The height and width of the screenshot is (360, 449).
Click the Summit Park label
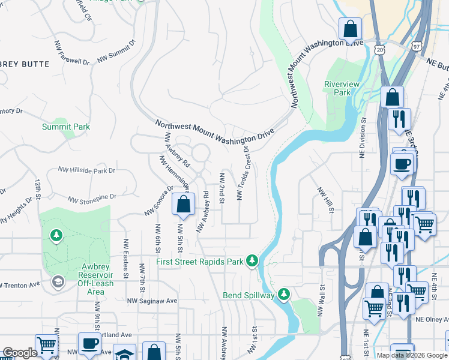(x=66, y=127)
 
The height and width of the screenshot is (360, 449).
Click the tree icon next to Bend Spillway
(x=283, y=295)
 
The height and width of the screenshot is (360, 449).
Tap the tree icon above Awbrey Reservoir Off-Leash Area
(x=57, y=235)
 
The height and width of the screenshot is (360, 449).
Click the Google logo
(x=20, y=353)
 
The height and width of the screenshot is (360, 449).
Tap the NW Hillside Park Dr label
(x=86, y=171)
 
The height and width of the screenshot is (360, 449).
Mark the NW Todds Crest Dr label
(x=244, y=174)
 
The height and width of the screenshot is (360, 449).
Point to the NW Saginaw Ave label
(x=152, y=301)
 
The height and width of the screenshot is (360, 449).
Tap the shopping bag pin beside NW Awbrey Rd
(x=184, y=204)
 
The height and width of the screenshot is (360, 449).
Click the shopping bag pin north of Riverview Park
(x=350, y=29)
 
